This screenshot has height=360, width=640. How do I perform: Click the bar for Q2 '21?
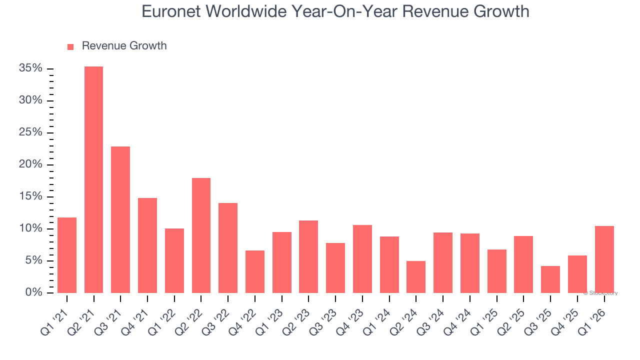point(93,179)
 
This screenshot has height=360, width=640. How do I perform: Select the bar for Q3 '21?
point(120,219)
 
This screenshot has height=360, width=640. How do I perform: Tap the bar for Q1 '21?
point(67,255)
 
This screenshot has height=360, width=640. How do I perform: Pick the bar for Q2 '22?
point(201,235)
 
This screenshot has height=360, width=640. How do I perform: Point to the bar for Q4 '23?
point(362,258)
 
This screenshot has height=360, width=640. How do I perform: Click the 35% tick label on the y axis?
point(30,68)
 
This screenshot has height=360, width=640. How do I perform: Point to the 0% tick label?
point(33,292)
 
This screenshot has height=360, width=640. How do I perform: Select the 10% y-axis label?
point(30,228)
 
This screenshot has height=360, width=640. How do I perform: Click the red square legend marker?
point(70,46)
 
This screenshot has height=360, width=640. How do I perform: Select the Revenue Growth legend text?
point(124,46)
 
